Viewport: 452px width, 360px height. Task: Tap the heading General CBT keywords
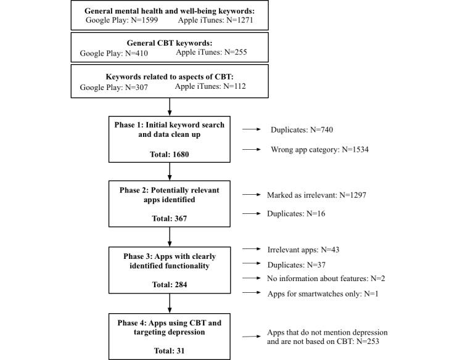point(169,43)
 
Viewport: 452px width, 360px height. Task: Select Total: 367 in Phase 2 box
point(169,218)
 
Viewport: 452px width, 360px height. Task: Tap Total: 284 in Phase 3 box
point(169,284)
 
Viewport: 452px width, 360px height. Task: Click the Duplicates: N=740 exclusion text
point(301,131)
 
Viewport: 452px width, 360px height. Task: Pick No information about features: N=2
point(326,279)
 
